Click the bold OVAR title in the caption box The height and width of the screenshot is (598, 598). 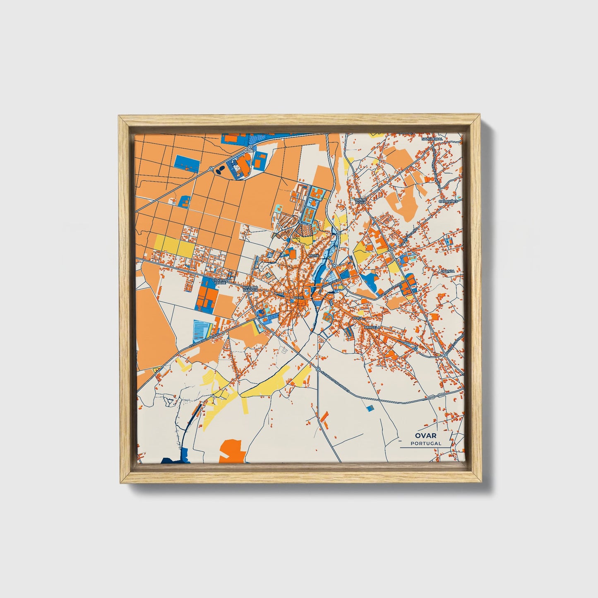(426, 435)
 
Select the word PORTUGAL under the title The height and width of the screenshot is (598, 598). (426, 443)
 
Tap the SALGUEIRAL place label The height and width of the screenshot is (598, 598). (432, 139)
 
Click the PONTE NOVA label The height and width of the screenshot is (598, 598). (360, 201)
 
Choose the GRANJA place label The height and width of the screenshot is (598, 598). (447, 271)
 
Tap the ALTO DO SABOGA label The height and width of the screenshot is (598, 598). (250, 288)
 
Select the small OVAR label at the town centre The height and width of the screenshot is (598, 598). (298, 298)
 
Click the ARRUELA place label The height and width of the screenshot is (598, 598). (372, 327)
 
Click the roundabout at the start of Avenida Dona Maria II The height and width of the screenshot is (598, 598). (318, 369)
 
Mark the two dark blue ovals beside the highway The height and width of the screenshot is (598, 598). (221, 169)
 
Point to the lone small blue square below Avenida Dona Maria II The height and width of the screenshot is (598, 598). (370, 408)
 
